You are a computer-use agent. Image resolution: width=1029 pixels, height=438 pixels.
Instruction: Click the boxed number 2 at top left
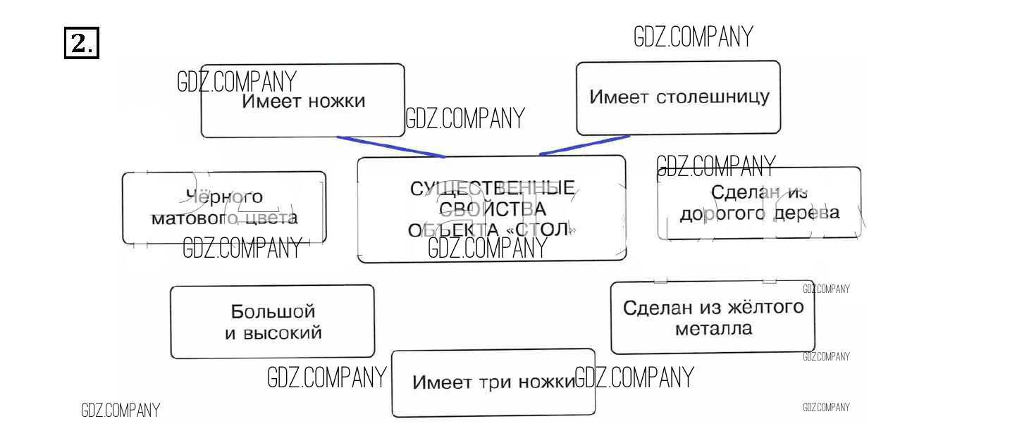[x=82, y=44]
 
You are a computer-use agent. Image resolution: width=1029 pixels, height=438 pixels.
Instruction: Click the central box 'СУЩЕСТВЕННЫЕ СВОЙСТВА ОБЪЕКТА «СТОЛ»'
[x=491, y=209]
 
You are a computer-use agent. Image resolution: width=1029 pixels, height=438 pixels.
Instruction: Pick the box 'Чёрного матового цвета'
[x=224, y=208]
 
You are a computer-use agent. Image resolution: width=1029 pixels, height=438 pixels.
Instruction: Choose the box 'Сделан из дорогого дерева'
[x=759, y=203]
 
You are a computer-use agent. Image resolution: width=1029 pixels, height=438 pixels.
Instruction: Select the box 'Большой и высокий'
[x=272, y=322]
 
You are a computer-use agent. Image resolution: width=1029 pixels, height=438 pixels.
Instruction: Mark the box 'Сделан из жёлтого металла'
[x=713, y=318]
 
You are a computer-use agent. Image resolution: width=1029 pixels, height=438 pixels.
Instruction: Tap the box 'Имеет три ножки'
[x=493, y=383]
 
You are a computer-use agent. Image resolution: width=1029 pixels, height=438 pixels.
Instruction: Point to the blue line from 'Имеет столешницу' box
[x=584, y=145]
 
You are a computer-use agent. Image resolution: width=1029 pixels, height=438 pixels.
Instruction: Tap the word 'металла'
[x=713, y=329]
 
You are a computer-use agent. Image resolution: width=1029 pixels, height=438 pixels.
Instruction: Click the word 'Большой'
[x=273, y=311]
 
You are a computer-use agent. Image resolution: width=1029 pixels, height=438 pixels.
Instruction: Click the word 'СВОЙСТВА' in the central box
[x=492, y=209]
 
